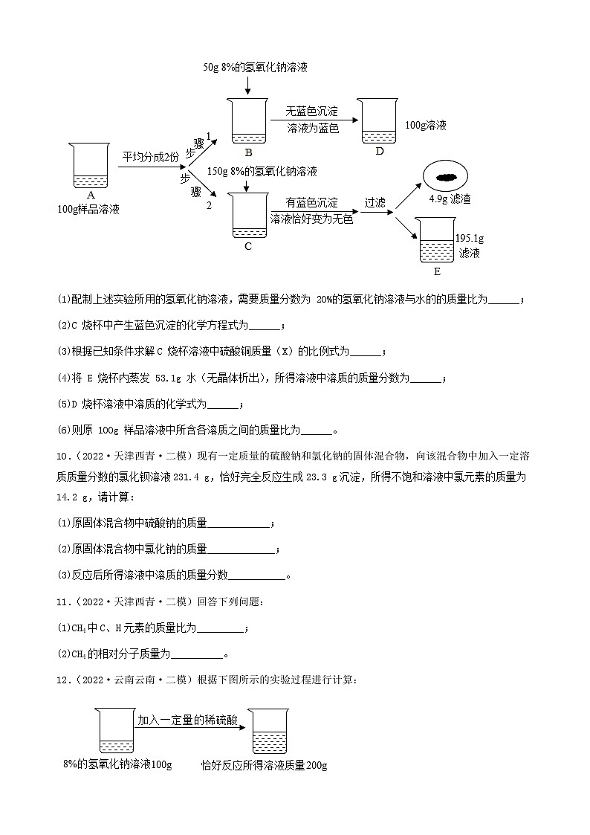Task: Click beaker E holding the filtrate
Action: tap(436, 241)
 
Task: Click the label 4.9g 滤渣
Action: tap(450, 199)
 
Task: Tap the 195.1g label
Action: tap(470, 238)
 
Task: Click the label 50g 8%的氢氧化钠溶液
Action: tap(255, 67)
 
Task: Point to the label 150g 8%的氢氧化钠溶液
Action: tap(263, 171)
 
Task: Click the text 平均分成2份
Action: tap(151, 157)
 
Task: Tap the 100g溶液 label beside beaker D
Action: tap(427, 126)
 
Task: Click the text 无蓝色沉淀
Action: tap(312, 112)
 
